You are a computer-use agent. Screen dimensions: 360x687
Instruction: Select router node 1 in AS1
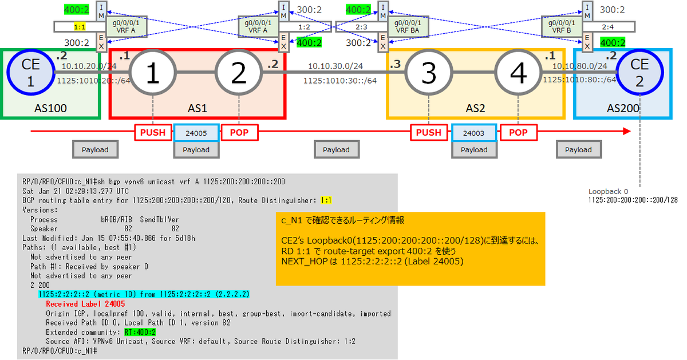coord(152,73)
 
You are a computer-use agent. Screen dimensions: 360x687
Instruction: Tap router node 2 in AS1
coord(238,73)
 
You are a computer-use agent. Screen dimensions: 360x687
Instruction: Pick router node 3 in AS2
coord(428,73)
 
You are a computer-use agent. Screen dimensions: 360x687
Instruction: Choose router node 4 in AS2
coord(518,73)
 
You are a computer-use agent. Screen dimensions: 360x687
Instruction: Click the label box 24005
coord(196,133)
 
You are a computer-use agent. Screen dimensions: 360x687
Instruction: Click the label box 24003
coord(474,133)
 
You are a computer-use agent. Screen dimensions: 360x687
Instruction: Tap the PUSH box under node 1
coord(153,133)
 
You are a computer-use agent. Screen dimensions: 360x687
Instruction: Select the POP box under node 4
coord(519,133)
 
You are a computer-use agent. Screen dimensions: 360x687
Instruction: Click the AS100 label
coord(50,107)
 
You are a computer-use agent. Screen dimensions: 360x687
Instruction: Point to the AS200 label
coord(623,107)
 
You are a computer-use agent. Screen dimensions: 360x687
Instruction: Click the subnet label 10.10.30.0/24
coord(335,66)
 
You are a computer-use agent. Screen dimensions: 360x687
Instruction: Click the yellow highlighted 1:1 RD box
coord(80,26)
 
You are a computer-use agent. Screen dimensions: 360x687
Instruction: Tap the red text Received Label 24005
coord(85,304)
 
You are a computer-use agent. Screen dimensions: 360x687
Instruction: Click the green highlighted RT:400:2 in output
coord(140,332)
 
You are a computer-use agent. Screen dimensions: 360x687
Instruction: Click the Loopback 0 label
coord(608,192)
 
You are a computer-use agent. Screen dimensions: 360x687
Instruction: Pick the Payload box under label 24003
coord(474,150)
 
